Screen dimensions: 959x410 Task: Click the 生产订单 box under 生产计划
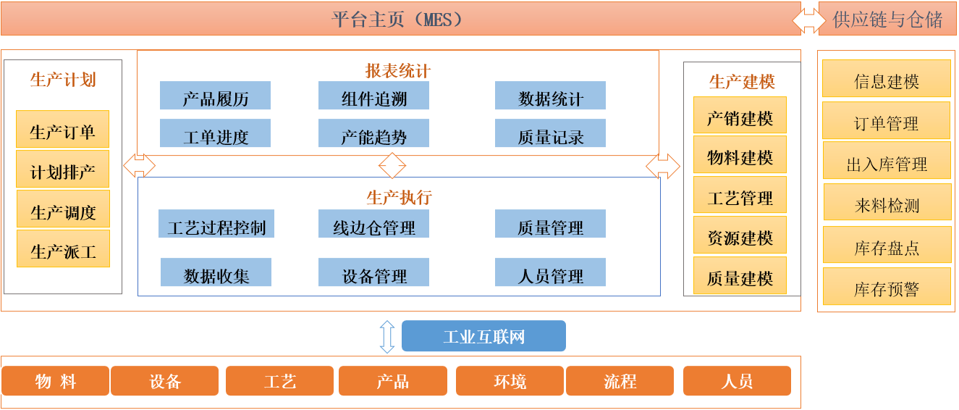pyautogui.click(x=62, y=129)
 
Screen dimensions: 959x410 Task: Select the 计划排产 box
pyautogui.click(x=62, y=169)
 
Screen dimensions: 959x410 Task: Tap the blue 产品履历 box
pyautogui.click(x=216, y=95)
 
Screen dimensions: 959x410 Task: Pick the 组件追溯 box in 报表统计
pyautogui.click(x=373, y=95)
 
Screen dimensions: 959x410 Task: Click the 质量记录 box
pyautogui.click(x=550, y=133)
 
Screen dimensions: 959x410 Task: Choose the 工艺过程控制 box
pyautogui.click(x=216, y=223)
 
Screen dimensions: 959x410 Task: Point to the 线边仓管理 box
pyautogui.click(x=373, y=223)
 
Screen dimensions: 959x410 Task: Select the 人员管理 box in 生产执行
pyautogui.click(x=550, y=272)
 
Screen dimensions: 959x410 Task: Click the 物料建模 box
pyautogui.click(x=740, y=154)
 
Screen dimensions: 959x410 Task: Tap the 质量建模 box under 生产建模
pyautogui.click(x=740, y=275)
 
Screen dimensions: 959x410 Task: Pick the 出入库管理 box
pyautogui.click(x=887, y=160)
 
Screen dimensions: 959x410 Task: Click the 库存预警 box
pyautogui.click(x=887, y=286)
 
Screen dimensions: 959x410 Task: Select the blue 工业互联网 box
pyautogui.click(x=483, y=336)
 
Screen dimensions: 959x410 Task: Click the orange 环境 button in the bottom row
pyautogui.click(x=510, y=380)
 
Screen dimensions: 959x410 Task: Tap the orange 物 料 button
pyautogui.click(x=55, y=380)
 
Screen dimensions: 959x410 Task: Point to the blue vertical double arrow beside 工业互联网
pyautogui.click(x=387, y=337)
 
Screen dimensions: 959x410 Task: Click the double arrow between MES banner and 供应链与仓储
pyautogui.click(x=809, y=20)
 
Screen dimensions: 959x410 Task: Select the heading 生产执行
pyautogui.click(x=399, y=198)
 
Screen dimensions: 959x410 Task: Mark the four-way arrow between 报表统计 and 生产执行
pyautogui.click(x=392, y=165)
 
